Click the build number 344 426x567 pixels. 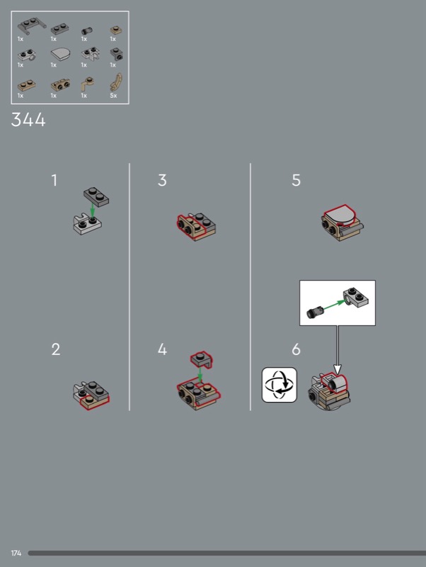coord(28,119)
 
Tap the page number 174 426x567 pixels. coord(16,553)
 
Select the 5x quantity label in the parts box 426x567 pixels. coord(113,96)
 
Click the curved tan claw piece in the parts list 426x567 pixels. coord(116,82)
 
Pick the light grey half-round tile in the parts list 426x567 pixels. coord(60,55)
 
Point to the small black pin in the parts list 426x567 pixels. coord(86,31)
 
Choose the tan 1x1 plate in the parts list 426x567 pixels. coord(116,30)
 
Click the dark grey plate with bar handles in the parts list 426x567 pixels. coord(32,25)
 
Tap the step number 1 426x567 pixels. coord(54,180)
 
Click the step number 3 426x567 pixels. coord(162,180)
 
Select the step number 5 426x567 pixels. coord(296,180)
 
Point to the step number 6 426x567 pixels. coord(296,349)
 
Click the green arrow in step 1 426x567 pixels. coord(93,211)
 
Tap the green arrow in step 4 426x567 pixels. coord(200,375)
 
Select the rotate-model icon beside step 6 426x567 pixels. coord(279,385)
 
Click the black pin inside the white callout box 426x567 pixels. coord(313,312)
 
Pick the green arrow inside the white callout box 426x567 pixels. coord(333,305)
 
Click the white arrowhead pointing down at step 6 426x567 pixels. coord(337,369)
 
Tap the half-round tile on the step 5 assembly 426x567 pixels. coord(340,216)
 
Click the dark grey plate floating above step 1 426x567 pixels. coord(96,196)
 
